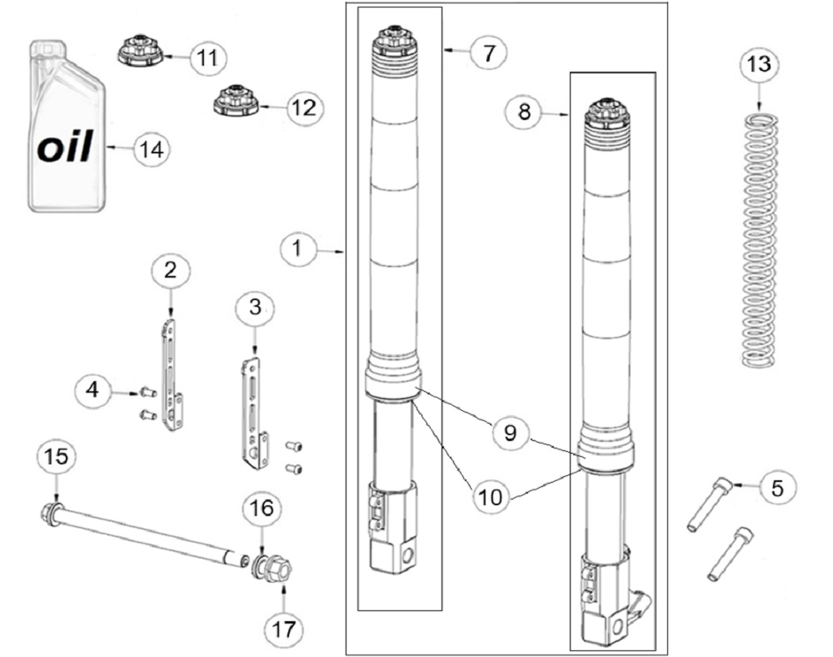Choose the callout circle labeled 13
(760, 63)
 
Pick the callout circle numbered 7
(488, 53)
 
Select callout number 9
(510, 433)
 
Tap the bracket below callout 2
(172, 372)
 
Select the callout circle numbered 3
(255, 307)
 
